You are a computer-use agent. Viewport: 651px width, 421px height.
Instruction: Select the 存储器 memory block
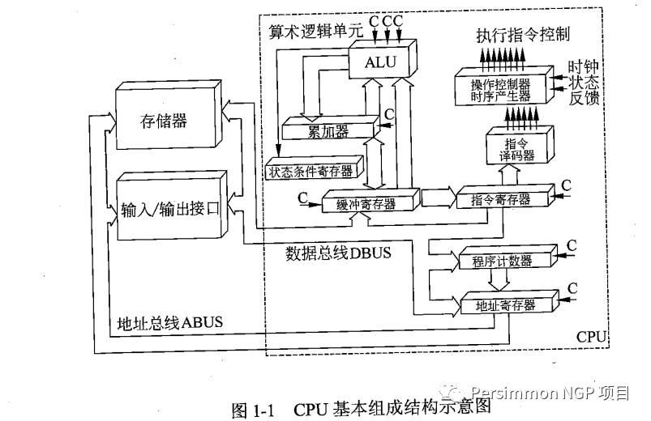(x=167, y=121)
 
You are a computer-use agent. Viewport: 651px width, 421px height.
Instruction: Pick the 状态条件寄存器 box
(x=309, y=171)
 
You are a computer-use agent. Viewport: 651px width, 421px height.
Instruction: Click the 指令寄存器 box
(x=501, y=198)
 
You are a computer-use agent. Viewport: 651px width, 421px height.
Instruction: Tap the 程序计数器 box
(x=501, y=261)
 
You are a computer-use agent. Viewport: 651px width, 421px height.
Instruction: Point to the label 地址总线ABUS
(x=169, y=322)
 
